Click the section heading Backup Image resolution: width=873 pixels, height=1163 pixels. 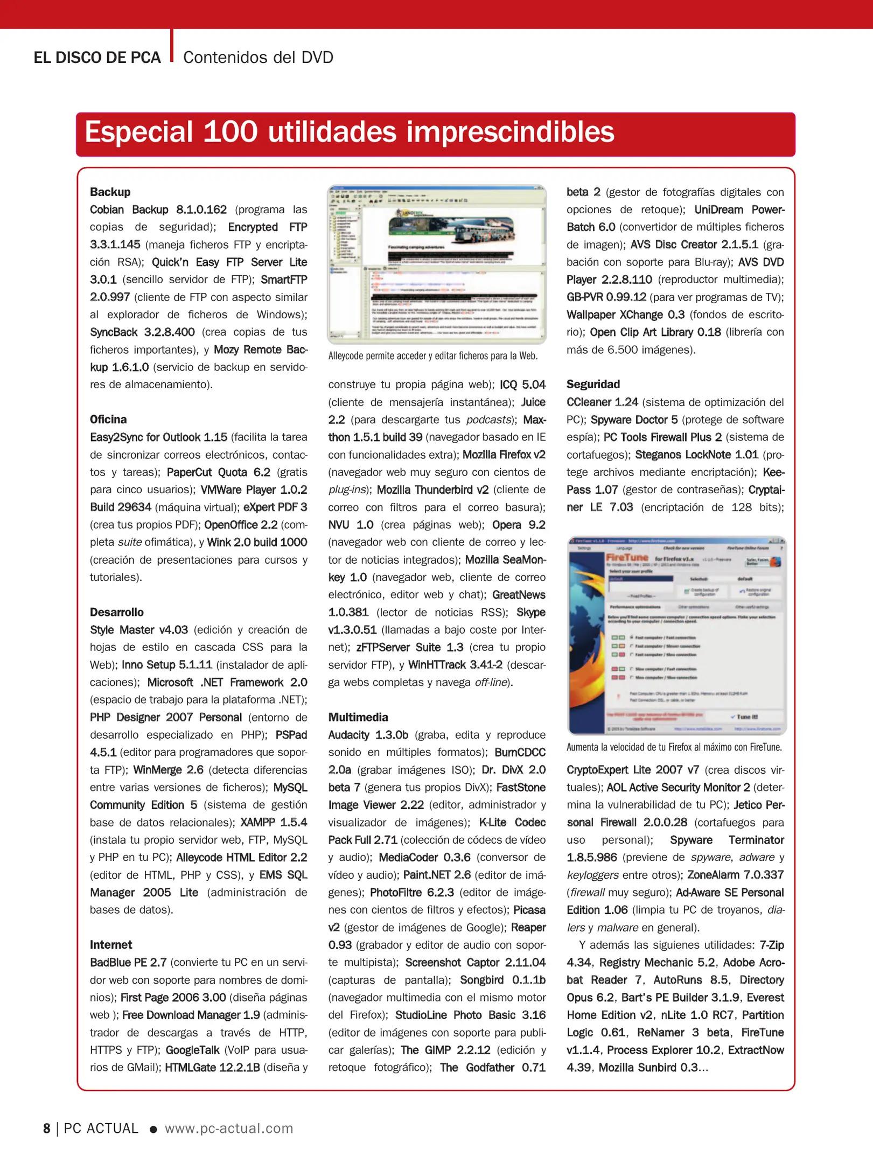coord(110,192)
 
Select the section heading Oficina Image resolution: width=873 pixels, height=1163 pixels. coord(108,419)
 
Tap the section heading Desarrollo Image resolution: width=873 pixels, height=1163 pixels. coord(116,612)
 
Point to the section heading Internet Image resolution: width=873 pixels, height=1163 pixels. coord(110,945)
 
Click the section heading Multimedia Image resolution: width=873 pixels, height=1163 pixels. coord(358,717)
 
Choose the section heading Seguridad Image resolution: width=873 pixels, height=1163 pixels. coord(593,384)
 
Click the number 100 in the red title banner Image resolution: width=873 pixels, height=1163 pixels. coord(230,132)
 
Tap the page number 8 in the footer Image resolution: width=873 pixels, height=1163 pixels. coord(47,1128)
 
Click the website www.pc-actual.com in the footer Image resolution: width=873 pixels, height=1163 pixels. coord(229,1128)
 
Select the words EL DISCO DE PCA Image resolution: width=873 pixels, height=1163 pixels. coord(97,58)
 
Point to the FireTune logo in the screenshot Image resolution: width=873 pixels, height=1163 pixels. coord(627,558)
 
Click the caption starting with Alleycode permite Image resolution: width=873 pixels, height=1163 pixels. coord(432,356)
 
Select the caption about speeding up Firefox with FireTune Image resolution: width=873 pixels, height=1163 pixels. coord(674,747)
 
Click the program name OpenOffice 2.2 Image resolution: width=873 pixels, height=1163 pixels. coord(240,525)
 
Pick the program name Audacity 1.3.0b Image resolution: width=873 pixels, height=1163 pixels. coord(368,735)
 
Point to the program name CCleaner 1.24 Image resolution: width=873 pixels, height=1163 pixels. coord(602,402)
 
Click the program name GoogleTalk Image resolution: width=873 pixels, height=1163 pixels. coord(192,1050)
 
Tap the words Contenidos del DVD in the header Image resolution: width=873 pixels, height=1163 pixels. coord(258,58)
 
